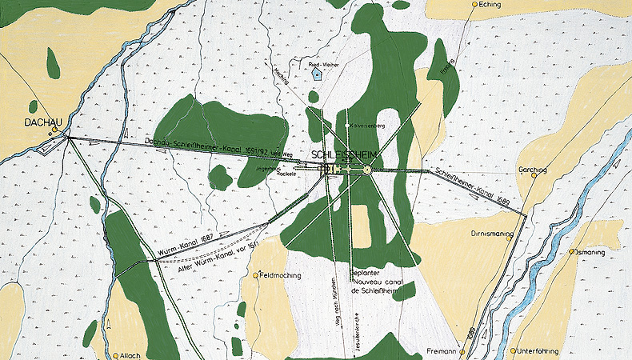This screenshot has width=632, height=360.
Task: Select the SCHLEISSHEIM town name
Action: tap(345, 154)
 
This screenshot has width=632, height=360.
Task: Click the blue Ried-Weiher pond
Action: tap(318, 74)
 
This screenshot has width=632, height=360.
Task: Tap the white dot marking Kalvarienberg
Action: tap(346, 126)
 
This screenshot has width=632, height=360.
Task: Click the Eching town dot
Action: tap(474, 5)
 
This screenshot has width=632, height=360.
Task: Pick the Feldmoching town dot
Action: tap(256, 275)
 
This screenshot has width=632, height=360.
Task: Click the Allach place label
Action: tap(130, 355)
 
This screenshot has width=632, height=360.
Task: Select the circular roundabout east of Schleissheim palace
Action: tap(367, 169)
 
